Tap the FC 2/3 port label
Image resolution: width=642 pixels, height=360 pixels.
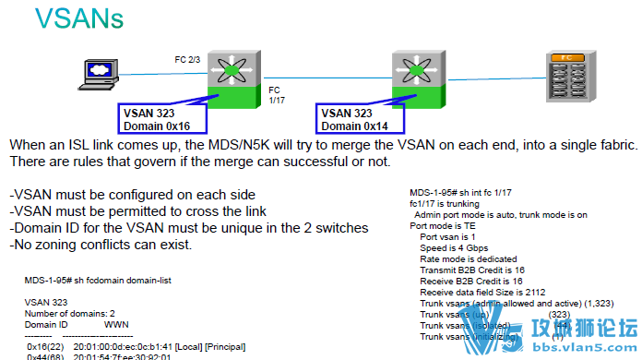pos(187,59)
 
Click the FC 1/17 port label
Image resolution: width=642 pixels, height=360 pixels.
pos(275,95)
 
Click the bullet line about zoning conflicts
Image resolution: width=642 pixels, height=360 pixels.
pos(101,245)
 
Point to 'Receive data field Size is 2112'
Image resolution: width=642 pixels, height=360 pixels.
pos(484,292)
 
